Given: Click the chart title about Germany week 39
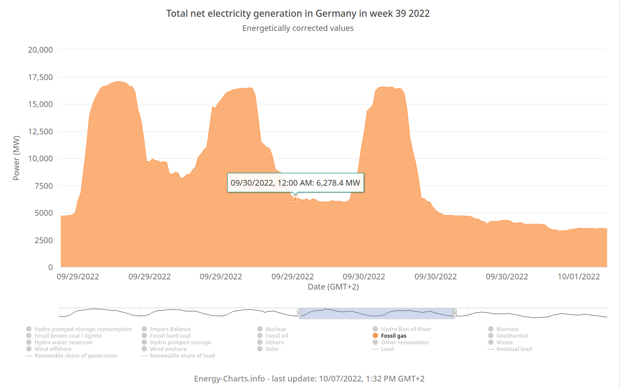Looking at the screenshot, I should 298,14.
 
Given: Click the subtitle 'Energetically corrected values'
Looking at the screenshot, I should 298,28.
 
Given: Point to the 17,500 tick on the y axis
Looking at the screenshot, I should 40,77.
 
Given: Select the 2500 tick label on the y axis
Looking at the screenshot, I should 43,240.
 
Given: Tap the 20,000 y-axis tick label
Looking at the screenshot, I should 40,50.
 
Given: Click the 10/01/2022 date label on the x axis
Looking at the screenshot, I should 578,277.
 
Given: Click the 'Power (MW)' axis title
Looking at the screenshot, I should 16,158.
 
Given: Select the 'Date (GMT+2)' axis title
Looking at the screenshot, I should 333,287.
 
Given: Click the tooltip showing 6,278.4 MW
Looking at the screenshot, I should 295,183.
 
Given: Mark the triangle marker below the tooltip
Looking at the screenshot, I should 295,199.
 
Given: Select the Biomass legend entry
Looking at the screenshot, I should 507,329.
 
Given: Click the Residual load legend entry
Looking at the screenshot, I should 514,349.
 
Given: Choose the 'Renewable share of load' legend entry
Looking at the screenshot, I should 182,356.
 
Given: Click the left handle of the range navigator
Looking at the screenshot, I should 299,313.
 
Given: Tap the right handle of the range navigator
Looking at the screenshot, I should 454,313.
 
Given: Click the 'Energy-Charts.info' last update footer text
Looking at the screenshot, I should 309,379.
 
